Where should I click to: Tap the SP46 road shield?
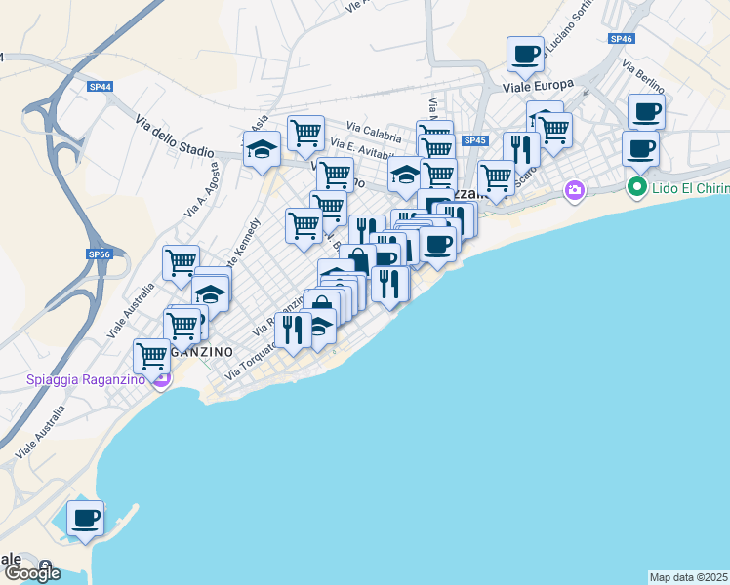pyautogui.click(x=621, y=39)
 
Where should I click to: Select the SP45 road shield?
pyautogui.click(x=475, y=140)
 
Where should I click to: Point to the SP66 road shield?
pyautogui.click(x=100, y=254)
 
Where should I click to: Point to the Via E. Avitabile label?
pyautogui.click(x=366, y=152)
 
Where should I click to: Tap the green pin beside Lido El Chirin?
pyautogui.click(x=638, y=185)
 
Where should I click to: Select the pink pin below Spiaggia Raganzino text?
pyautogui.click(x=162, y=379)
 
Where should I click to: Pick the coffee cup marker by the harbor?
pyautogui.click(x=85, y=518)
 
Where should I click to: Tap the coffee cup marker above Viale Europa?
pyautogui.click(x=525, y=54)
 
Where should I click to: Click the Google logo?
pyautogui.click(x=32, y=572)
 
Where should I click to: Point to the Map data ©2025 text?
pyautogui.click(x=689, y=577)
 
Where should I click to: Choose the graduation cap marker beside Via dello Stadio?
pyautogui.click(x=262, y=150)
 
